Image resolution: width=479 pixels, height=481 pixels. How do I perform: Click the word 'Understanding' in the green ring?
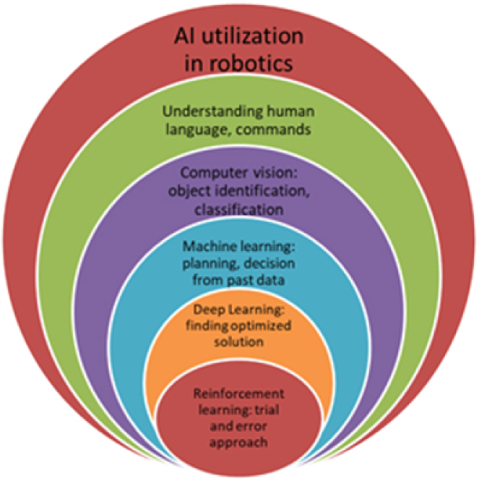pos(204,112)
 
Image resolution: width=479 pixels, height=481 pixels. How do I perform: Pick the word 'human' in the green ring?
pos(278,112)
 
